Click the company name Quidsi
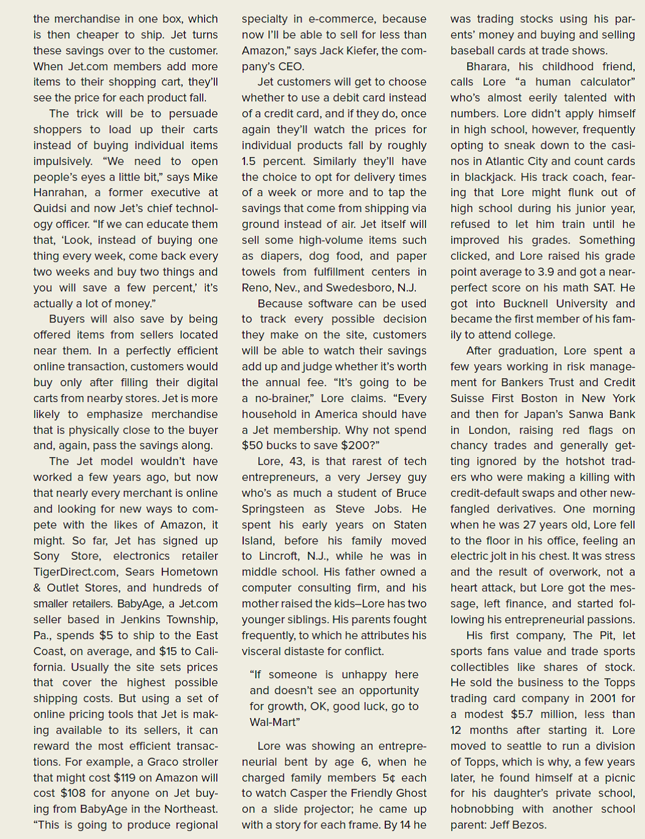tap(50, 208)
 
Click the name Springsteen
tap(273, 509)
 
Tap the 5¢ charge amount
tap(389, 777)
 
